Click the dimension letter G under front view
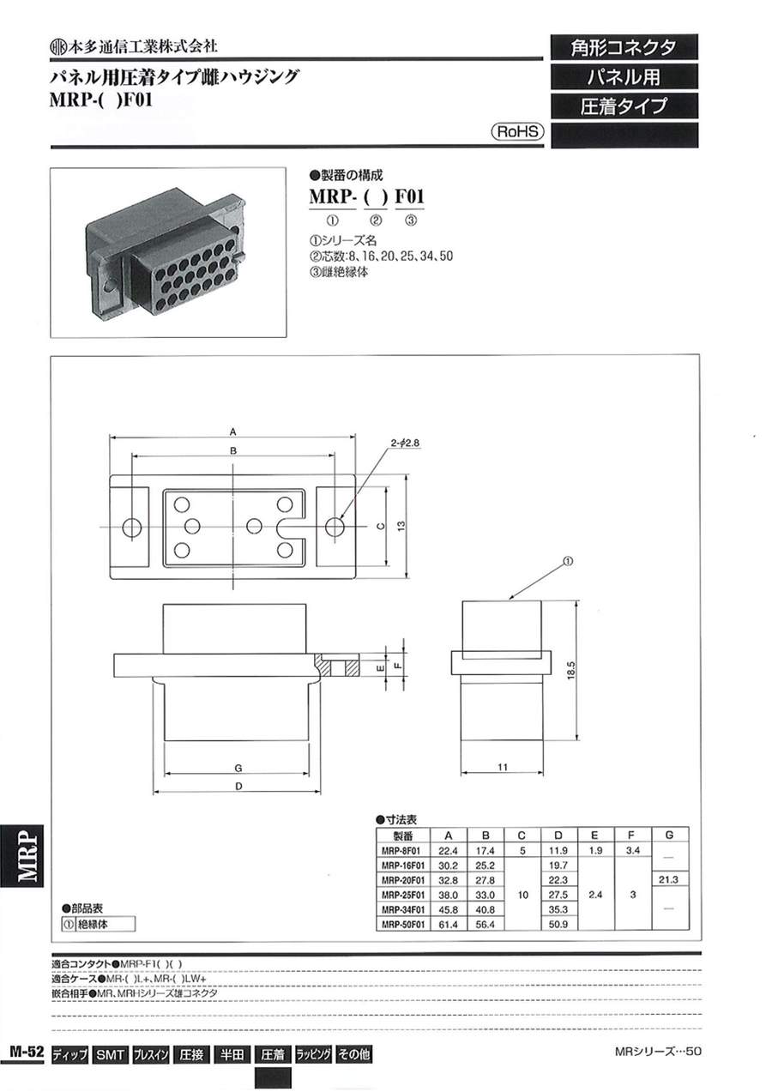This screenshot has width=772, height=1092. [x=235, y=767]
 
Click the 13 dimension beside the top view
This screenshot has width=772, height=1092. [x=400, y=526]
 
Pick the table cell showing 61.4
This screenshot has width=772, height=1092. [x=447, y=924]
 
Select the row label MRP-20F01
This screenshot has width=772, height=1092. [x=403, y=880]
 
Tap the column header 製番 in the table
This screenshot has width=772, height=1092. [x=403, y=836]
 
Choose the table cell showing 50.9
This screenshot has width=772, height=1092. [x=558, y=924]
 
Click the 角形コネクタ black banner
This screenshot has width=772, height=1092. [x=624, y=47]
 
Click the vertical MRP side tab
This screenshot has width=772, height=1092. [x=25, y=858]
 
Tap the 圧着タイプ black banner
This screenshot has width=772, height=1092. [x=624, y=107]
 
